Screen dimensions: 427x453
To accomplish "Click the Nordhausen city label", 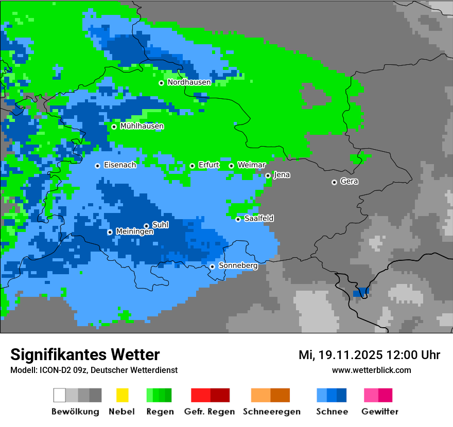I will point(189,82).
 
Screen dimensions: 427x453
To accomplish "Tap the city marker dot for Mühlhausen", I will point(114,127).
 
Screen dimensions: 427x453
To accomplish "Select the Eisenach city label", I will point(120,165).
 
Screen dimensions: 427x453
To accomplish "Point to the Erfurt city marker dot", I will point(192,166).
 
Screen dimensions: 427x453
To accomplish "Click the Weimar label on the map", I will point(252,165).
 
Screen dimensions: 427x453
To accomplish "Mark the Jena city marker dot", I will point(268,175).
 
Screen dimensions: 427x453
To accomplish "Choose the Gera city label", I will point(349,182).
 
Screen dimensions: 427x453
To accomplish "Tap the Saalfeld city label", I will point(259,219).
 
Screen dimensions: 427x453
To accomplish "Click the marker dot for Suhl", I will point(146,226).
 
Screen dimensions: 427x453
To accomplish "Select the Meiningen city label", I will point(135,232).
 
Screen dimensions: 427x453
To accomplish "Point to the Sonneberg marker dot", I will point(212,266).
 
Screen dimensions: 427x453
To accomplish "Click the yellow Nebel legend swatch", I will point(122,395).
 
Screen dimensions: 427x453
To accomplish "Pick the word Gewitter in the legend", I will point(380,412).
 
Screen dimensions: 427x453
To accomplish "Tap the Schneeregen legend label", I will point(272,412).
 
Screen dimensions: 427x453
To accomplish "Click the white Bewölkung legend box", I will point(60,395).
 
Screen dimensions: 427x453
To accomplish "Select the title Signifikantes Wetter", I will point(85,354).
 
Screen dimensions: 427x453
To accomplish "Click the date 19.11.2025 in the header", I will point(350,355).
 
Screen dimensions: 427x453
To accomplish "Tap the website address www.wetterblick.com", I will point(371,370).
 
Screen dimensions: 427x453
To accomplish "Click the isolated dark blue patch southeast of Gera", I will point(361,292).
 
